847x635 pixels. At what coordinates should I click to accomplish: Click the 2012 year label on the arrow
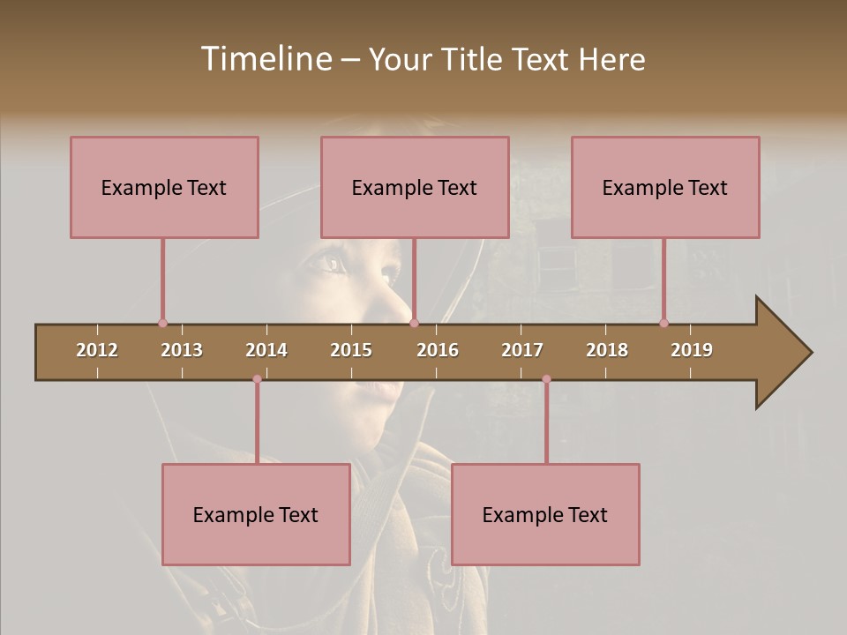pyautogui.click(x=97, y=350)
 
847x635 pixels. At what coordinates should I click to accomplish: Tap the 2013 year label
pyautogui.click(x=182, y=350)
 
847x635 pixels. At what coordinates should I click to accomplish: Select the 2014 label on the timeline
pyautogui.click(x=266, y=350)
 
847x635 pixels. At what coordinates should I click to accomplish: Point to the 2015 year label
pyautogui.click(x=351, y=350)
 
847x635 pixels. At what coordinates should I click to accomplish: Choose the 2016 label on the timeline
pyautogui.click(x=438, y=350)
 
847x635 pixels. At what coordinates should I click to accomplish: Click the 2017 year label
pyautogui.click(x=522, y=350)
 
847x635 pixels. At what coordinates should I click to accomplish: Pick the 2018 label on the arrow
pyautogui.click(x=607, y=350)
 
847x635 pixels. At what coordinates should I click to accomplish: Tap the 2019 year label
pyautogui.click(x=692, y=350)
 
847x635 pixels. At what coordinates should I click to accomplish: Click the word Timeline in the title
pyautogui.click(x=265, y=59)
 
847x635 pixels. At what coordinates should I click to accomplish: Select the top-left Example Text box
pyautogui.click(x=164, y=187)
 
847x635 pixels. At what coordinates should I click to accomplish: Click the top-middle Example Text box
pyautogui.click(x=415, y=187)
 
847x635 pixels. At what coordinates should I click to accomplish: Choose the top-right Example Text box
pyautogui.click(x=665, y=187)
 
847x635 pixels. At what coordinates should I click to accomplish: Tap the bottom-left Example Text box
pyautogui.click(x=256, y=514)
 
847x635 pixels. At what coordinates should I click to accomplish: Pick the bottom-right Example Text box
pyautogui.click(x=545, y=514)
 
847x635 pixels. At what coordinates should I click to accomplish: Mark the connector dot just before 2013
pyautogui.click(x=162, y=323)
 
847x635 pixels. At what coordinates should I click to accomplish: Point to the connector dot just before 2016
pyautogui.click(x=414, y=323)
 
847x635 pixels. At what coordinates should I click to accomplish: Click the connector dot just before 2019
pyautogui.click(x=663, y=323)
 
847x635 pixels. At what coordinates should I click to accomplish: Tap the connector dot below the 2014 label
pyautogui.click(x=257, y=379)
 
